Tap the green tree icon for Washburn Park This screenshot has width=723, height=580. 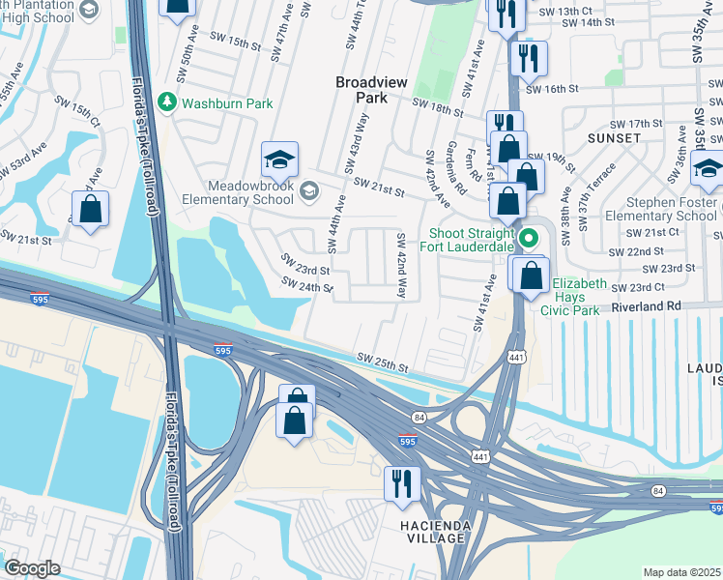167,101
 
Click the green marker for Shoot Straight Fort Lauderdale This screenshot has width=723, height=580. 529,238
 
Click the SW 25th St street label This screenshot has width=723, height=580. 382,363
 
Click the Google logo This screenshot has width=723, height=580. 32,567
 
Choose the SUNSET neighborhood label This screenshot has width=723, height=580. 615,138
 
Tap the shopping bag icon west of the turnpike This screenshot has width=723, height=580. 90,211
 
